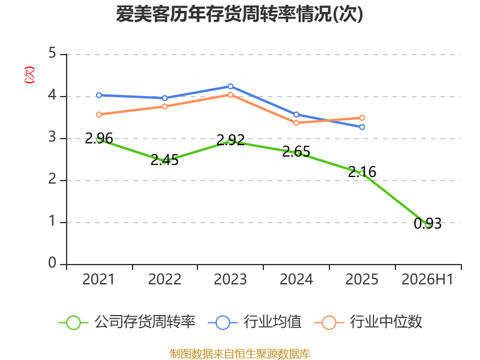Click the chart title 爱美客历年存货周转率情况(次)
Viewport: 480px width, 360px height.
point(239,14)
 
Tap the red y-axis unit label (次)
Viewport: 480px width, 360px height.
point(29,75)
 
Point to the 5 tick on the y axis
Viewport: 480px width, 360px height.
point(52,53)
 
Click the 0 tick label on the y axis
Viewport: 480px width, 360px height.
point(52,263)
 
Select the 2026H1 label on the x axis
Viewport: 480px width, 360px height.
point(427,279)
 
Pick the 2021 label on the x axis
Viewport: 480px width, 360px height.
point(98,279)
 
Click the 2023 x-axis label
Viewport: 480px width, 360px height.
point(230,279)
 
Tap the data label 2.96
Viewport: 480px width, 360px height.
point(99,139)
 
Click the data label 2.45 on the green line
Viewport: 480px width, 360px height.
point(164,160)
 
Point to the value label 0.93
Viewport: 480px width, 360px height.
point(428,224)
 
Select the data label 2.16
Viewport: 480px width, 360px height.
point(362,172)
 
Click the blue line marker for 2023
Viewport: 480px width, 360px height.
point(230,86)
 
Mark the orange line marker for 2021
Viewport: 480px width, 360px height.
point(99,115)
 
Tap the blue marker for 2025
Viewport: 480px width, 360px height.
point(362,127)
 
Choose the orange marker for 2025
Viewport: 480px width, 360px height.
point(362,118)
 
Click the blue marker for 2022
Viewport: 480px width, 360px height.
point(164,98)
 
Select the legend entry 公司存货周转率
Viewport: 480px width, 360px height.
point(127,322)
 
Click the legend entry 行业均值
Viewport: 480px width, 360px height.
point(254,322)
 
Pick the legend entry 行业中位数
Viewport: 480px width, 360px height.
point(368,322)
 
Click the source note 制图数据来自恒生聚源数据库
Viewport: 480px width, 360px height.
point(240,354)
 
